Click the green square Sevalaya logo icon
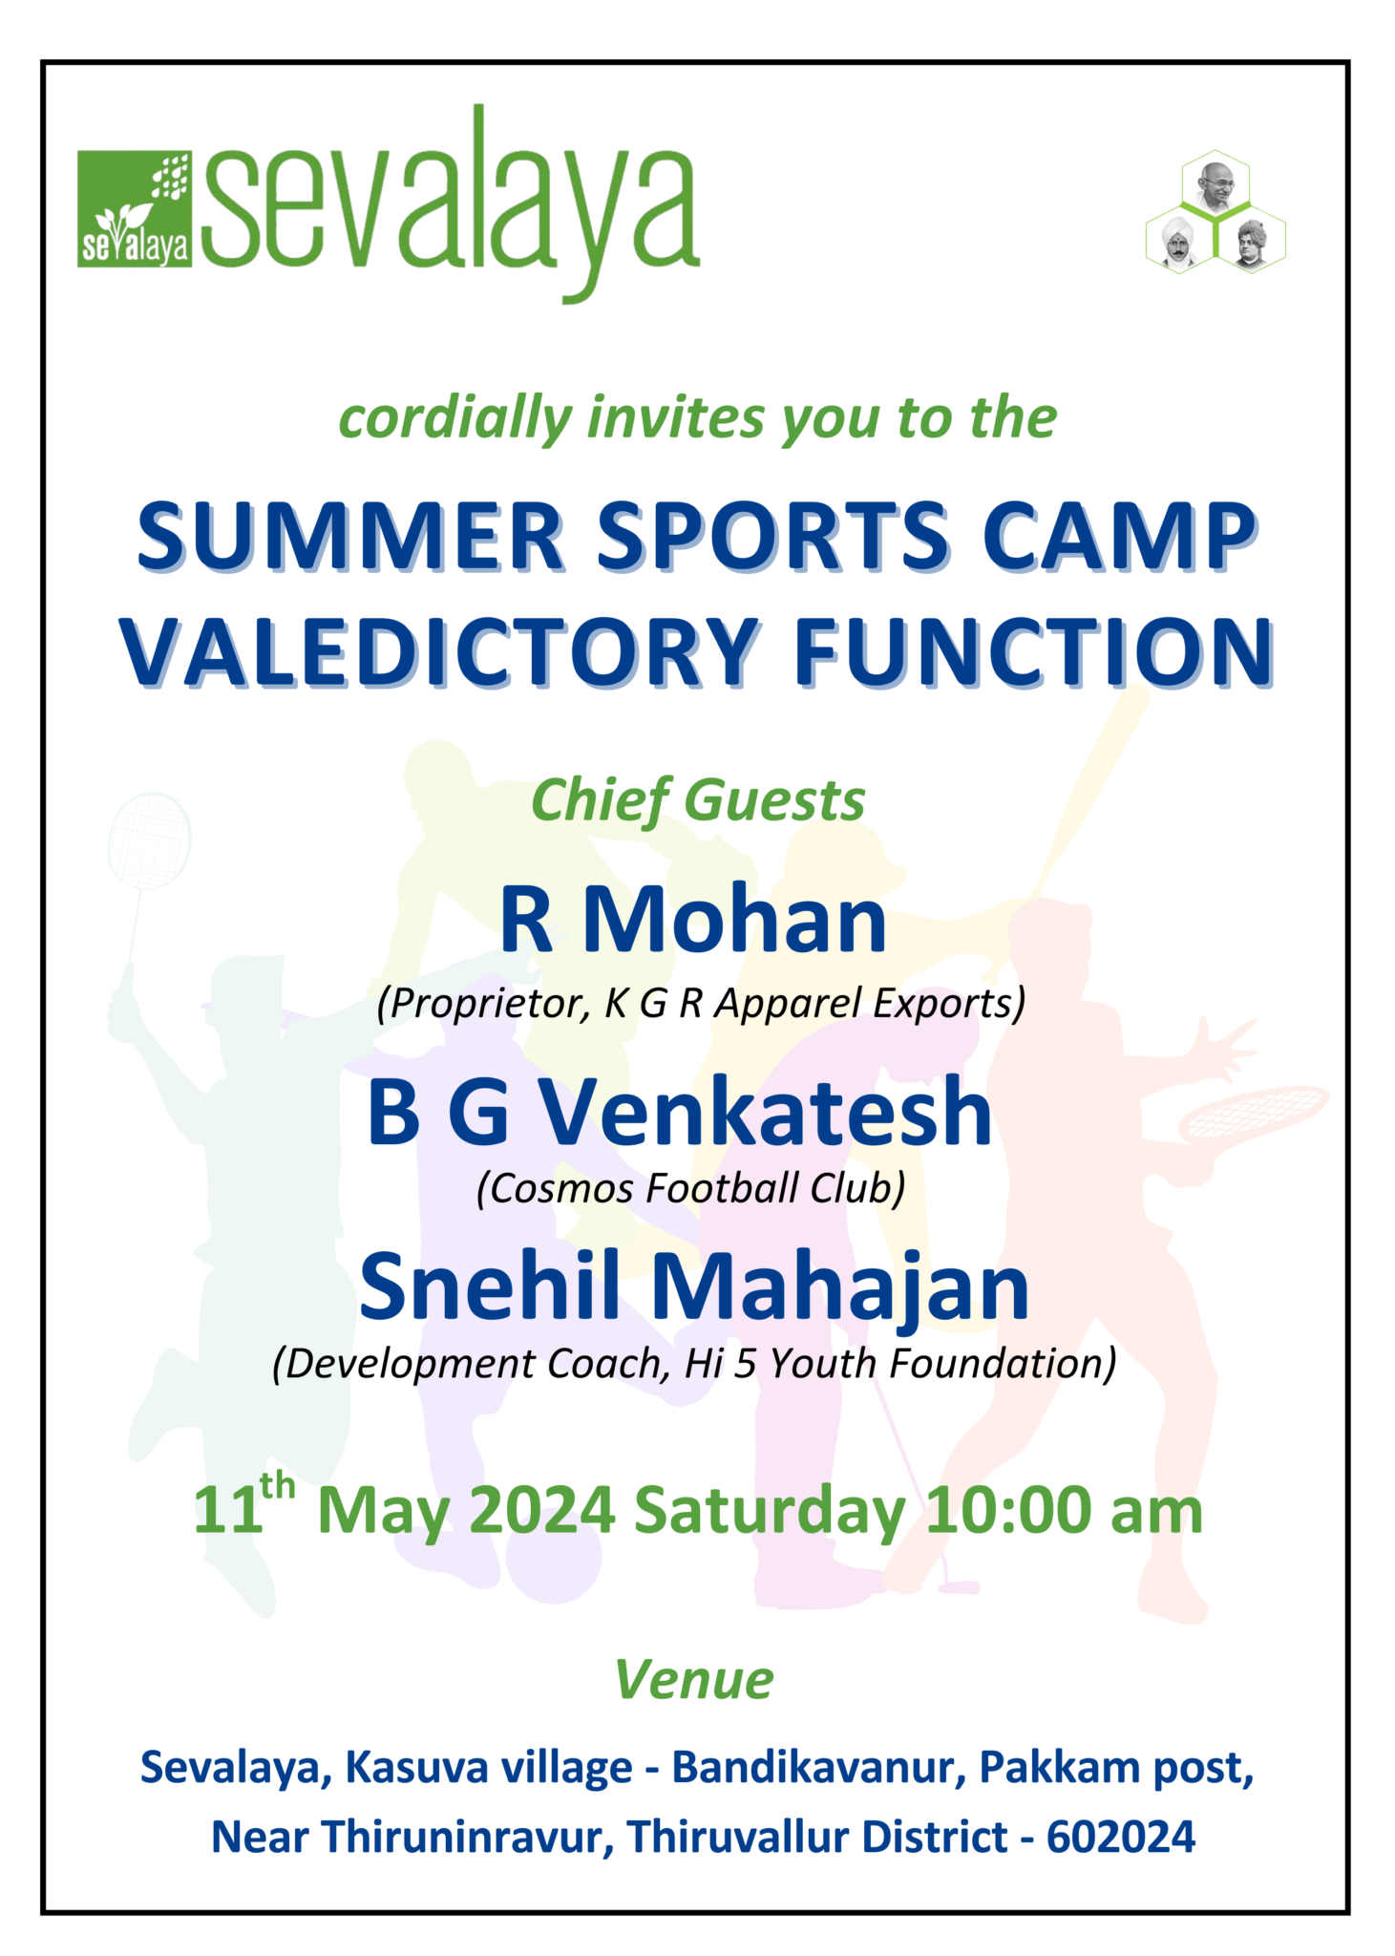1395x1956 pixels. click(134, 207)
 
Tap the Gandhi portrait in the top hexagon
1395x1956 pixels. click(1215, 185)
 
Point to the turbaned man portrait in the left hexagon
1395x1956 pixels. click(1179, 243)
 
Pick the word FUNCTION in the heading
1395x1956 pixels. click(1033, 652)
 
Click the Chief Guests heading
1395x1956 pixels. click(697, 800)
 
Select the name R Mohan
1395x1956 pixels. click(693, 920)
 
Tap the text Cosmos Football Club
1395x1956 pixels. click(690, 1189)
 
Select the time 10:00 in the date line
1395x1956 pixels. click(1006, 1511)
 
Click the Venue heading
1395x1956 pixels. click(694, 1679)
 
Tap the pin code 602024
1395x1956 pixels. click(1120, 1837)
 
